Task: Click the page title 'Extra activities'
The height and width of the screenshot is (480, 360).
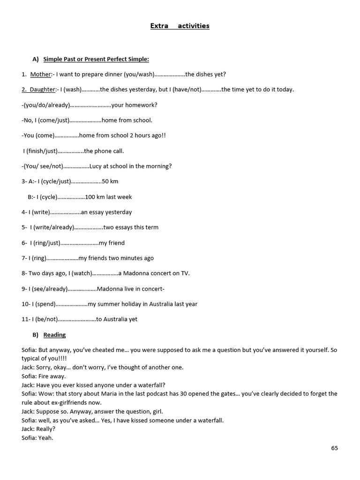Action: [x=180, y=26]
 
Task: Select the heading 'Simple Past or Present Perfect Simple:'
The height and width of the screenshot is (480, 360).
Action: [x=96, y=59]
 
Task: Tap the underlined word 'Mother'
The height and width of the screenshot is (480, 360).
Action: [x=41, y=74]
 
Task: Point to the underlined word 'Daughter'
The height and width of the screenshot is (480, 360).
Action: [x=42, y=90]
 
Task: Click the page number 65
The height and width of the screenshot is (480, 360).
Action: [x=334, y=448]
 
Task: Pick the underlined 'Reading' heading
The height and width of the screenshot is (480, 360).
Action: [x=54, y=335]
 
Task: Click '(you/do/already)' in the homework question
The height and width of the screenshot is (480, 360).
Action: [x=46, y=105]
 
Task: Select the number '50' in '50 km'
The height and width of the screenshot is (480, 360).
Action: [x=105, y=181]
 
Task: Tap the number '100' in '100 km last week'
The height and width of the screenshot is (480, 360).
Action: [x=90, y=197]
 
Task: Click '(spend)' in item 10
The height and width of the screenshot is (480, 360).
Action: [x=45, y=304]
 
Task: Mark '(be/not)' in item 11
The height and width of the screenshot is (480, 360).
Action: [x=46, y=319]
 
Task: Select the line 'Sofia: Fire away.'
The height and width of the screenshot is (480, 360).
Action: [x=44, y=376]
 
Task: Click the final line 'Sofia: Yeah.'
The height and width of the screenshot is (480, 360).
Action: [x=37, y=438]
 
